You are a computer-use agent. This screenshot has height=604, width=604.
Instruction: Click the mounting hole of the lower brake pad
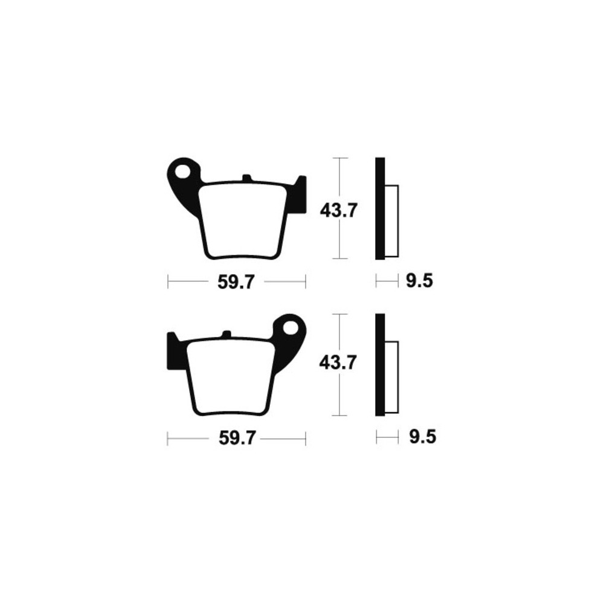point(291,328)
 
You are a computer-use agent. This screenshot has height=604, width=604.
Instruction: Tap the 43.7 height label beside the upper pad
point(339,211)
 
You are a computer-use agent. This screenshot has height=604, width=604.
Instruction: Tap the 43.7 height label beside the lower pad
point(338,363)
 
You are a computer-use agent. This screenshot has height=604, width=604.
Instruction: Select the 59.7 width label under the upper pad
point(236,282)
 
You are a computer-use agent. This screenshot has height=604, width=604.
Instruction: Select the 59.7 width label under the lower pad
point(237,437)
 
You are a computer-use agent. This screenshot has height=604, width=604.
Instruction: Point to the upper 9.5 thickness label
point(420,281)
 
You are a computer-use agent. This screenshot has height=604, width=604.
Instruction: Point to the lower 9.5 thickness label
point(423,437)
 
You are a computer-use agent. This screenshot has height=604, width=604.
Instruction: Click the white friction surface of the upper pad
point(243,220)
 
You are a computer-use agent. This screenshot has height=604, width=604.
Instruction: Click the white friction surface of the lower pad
point(230,376)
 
